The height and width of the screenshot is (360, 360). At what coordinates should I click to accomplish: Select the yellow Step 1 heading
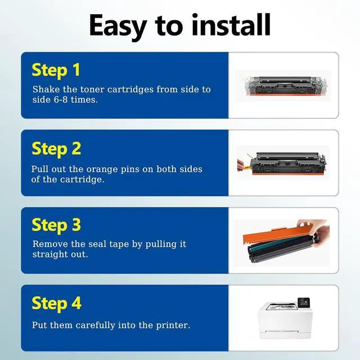[x=56, y=70]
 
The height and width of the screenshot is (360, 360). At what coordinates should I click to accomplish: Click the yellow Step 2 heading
[x=56, y=149]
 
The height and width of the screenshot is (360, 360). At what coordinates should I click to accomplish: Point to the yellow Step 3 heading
[x=56, y=225]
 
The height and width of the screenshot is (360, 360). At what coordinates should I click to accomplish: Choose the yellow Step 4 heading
[x=56, y=304]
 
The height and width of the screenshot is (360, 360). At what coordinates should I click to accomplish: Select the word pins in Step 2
[x=130, y=170]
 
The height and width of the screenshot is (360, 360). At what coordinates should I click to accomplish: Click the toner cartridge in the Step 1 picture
[x=285, y=86]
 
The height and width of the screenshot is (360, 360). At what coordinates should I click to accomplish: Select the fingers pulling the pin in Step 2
[x=241, y=165]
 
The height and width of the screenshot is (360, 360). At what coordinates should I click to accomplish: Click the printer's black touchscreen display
[x=304, y=302]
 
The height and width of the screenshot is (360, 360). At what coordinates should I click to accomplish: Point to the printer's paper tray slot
[x=282, y=332]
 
